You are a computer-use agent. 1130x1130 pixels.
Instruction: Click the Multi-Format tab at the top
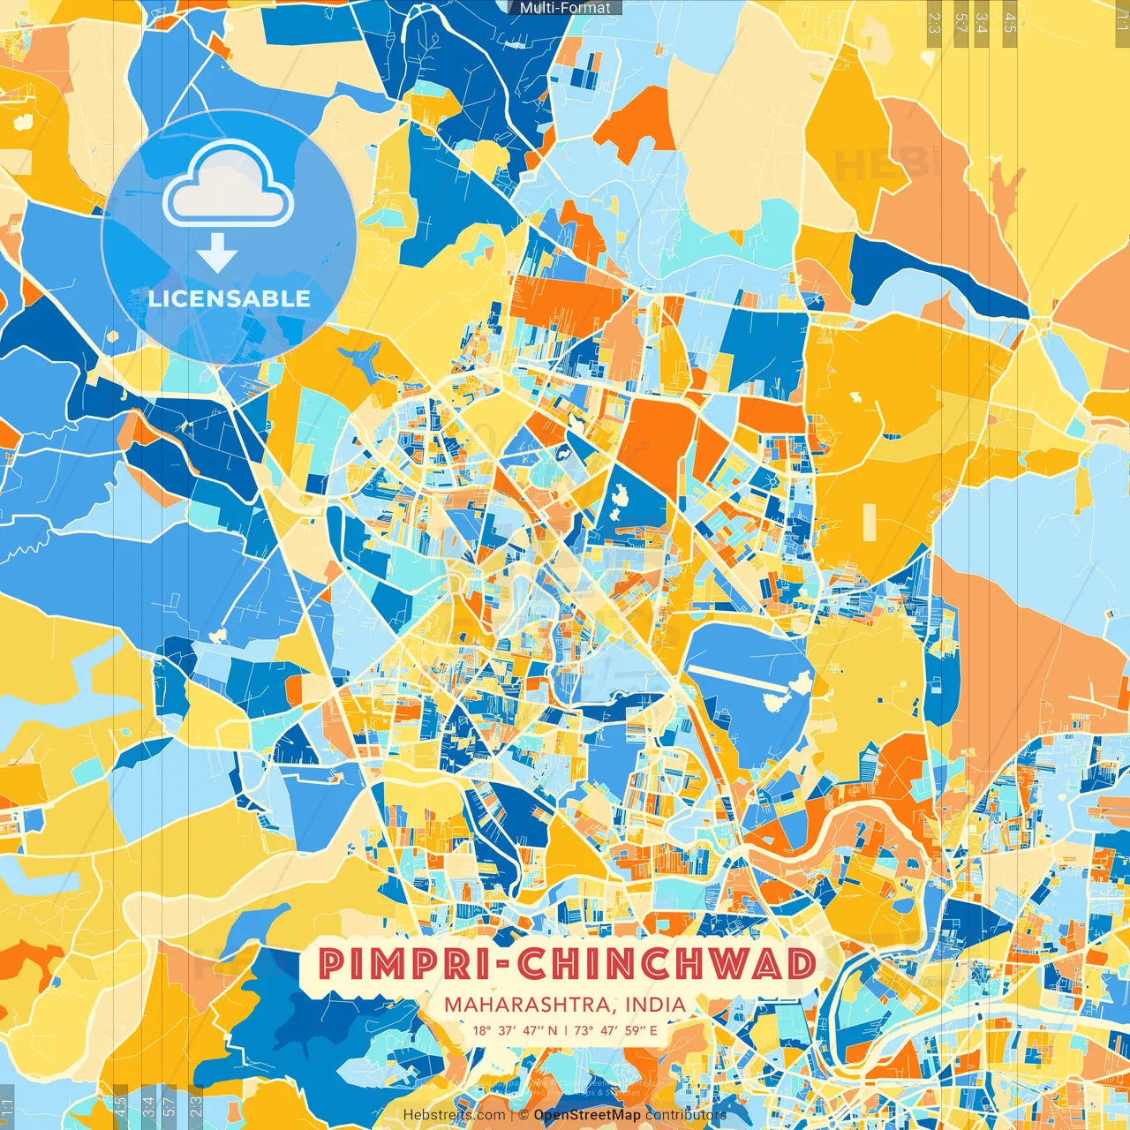point(565,8)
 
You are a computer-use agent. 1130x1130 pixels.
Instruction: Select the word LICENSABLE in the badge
point(230,298)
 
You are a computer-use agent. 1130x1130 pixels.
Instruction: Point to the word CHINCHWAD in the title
point(667,964)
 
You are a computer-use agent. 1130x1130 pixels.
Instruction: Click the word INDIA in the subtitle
point(655,1005)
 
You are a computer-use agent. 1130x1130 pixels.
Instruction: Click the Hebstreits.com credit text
point(454,1115)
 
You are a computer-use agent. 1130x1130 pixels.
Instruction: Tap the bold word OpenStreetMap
point(587,1115)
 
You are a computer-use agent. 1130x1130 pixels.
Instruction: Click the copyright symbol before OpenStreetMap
point(524,1115)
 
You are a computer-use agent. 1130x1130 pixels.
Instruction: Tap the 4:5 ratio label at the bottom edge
point(120,1106)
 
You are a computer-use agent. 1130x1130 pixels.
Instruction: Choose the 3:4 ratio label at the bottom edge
point(147,1106)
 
